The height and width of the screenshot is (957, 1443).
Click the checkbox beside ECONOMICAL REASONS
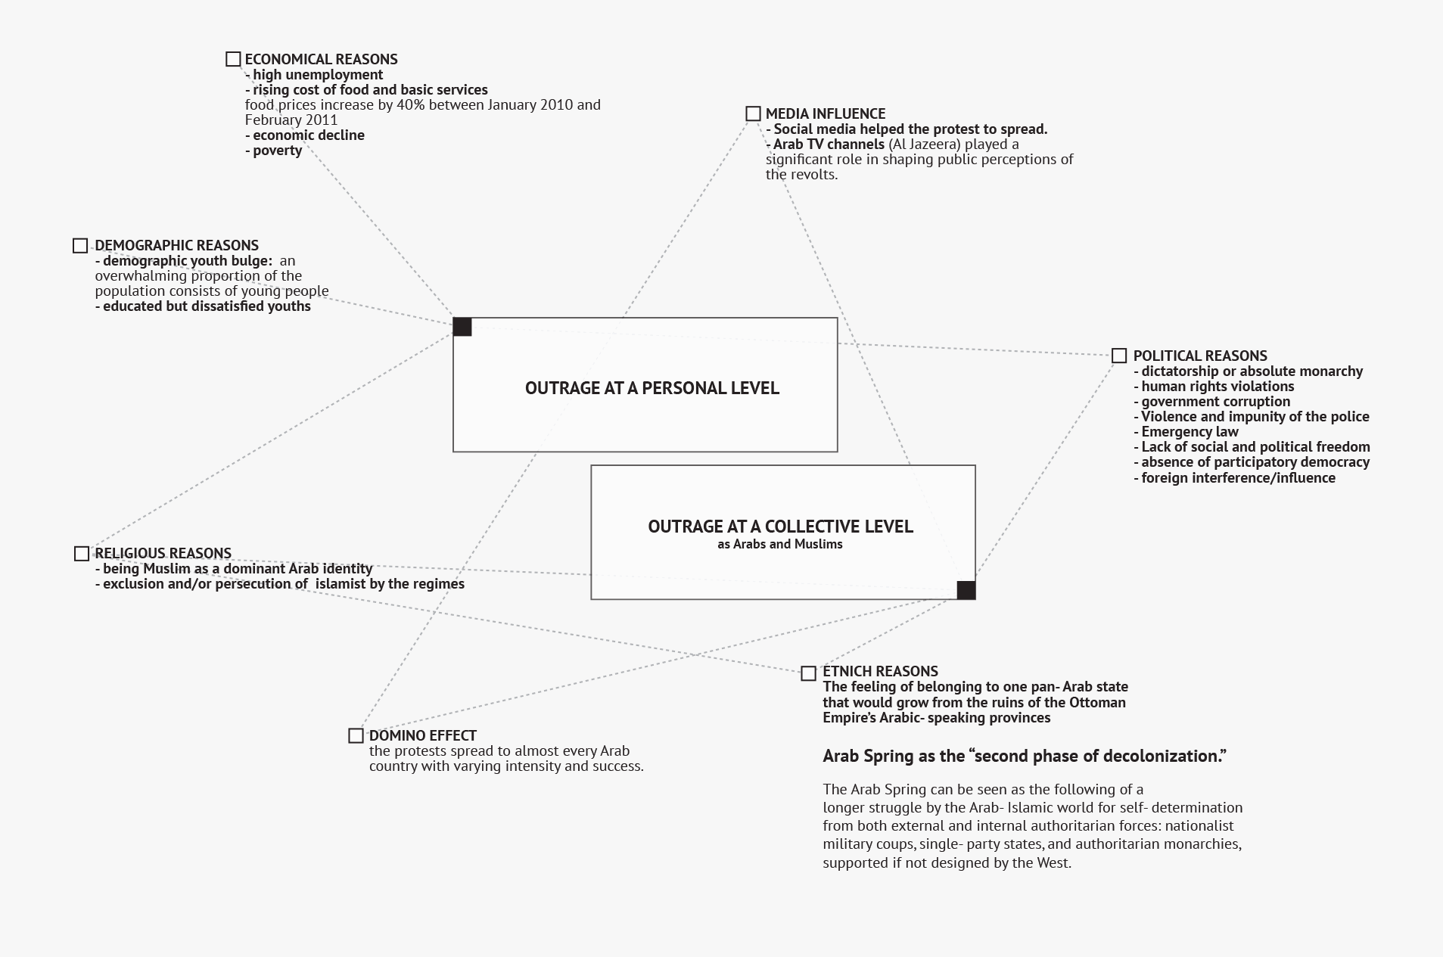pyautogui.click(x=233, y=59)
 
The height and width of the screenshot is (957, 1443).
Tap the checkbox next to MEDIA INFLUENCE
pyautogui.click(x=753, y=113)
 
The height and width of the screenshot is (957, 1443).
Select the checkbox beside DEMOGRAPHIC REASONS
pyautogui.click(x=80, y=245)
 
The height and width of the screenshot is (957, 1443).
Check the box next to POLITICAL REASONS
pyautogui.click(x=1119, y=356)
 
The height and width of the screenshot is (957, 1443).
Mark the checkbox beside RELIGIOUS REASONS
pyautogui.click(x=82, y=554)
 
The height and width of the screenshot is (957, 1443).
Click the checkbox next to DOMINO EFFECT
pyautogui.click(x=356, y=735)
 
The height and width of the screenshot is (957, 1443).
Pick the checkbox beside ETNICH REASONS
pyautogui.click(x=808, y=673)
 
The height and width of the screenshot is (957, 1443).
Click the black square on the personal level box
pyautogui.click(x=462, y=327)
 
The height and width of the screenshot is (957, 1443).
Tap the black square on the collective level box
pyautogui.click(x=966, y=590)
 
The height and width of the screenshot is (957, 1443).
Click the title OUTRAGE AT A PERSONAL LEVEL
pyautogui.click(x=652, y=388)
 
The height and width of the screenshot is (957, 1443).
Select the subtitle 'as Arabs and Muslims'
pyautogui.click(x=780, y=544)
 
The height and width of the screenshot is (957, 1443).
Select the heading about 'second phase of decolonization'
pyautogui.click(x=1024, y=756)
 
